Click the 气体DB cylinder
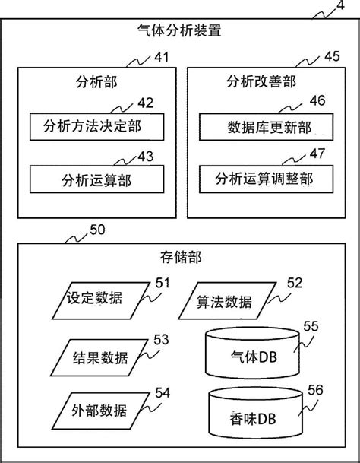pos(244,354)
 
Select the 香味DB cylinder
pos(244,417)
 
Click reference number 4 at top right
pos(339,8)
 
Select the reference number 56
pos(314,389)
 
